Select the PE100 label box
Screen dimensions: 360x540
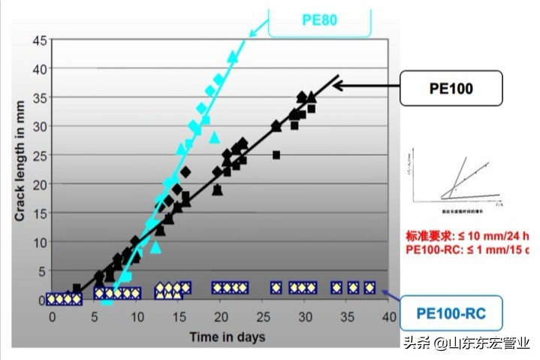450,87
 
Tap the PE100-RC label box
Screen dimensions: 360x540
450,310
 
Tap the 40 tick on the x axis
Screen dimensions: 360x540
388,316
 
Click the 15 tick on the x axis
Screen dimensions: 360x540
178,316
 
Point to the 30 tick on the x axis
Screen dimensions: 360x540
304,316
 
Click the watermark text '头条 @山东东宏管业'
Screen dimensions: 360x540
466,343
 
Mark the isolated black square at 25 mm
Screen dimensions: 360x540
276,155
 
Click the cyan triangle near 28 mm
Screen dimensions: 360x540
214,137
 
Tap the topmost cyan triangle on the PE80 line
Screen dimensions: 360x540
232,56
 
